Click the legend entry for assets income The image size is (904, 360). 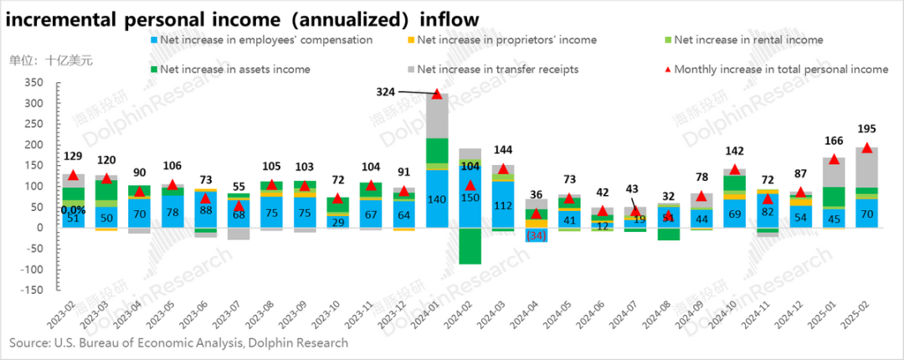tap(234, 69)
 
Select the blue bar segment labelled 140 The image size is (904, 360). tap(436, 199)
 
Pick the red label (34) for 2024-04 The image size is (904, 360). tap(536, 235)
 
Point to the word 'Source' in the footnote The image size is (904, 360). tap(30, 342)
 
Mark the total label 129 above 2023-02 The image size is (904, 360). tap(74, 157)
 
